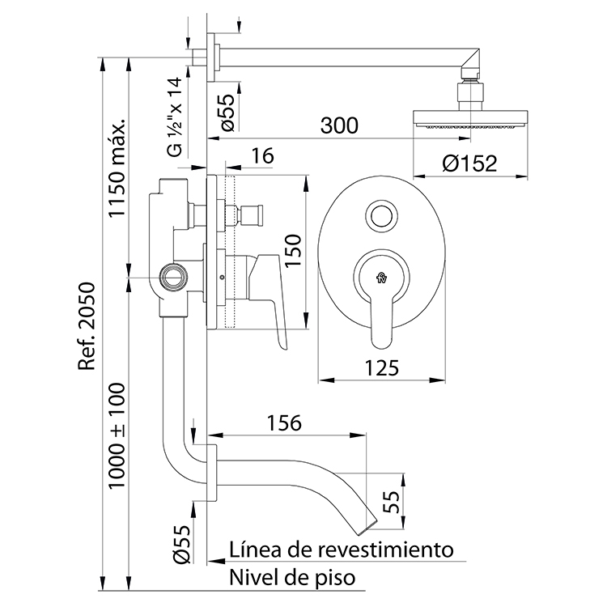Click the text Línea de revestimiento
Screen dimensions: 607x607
pos(341,550)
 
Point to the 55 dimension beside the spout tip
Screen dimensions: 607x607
pos(393,502)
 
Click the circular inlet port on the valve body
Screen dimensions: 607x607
pos(171,277)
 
